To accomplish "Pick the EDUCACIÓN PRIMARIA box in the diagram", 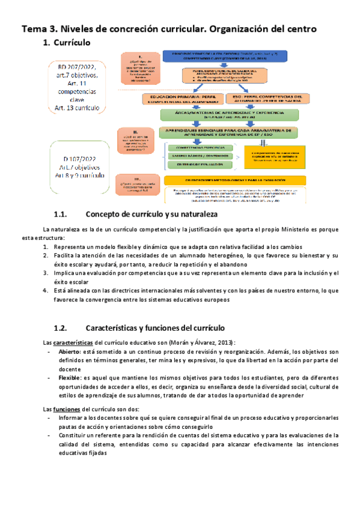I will point(181,99).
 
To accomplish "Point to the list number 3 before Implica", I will point(46,272).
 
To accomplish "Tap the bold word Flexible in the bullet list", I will point(71,377).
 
